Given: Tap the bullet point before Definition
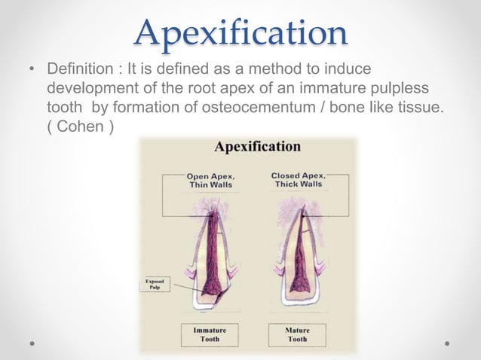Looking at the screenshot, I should (x=32, y=71).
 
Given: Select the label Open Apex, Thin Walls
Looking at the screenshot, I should (x=210, y=181).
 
